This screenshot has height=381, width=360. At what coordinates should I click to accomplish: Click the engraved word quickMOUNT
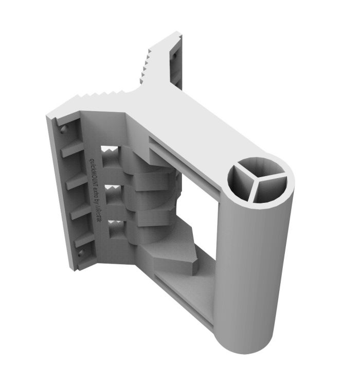point(95,171)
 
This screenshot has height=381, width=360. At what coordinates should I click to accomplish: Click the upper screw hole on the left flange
point(63,129)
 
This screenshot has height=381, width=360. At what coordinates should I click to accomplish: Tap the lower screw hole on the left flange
point(81,252)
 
